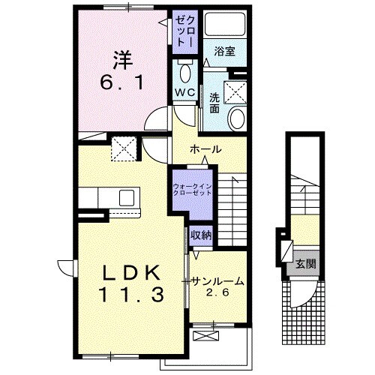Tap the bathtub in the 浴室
point(225,24)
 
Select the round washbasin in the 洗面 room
point(237,118)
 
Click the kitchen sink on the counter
point(127,197)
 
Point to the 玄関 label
point(306,263)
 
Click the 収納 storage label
point(201,235)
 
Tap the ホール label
point(205,149)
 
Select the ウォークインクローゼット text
point(193,190)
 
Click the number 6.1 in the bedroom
point(121,82)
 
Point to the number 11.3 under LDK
point(132,294)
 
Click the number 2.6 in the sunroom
point(217,292)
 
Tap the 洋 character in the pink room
point(123,60)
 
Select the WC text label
point(184,93)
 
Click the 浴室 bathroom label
point(224,52)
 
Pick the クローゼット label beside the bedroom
point(185,31)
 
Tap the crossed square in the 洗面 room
point(235,92)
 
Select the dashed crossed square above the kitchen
point(124,148)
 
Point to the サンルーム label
point(217,281)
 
